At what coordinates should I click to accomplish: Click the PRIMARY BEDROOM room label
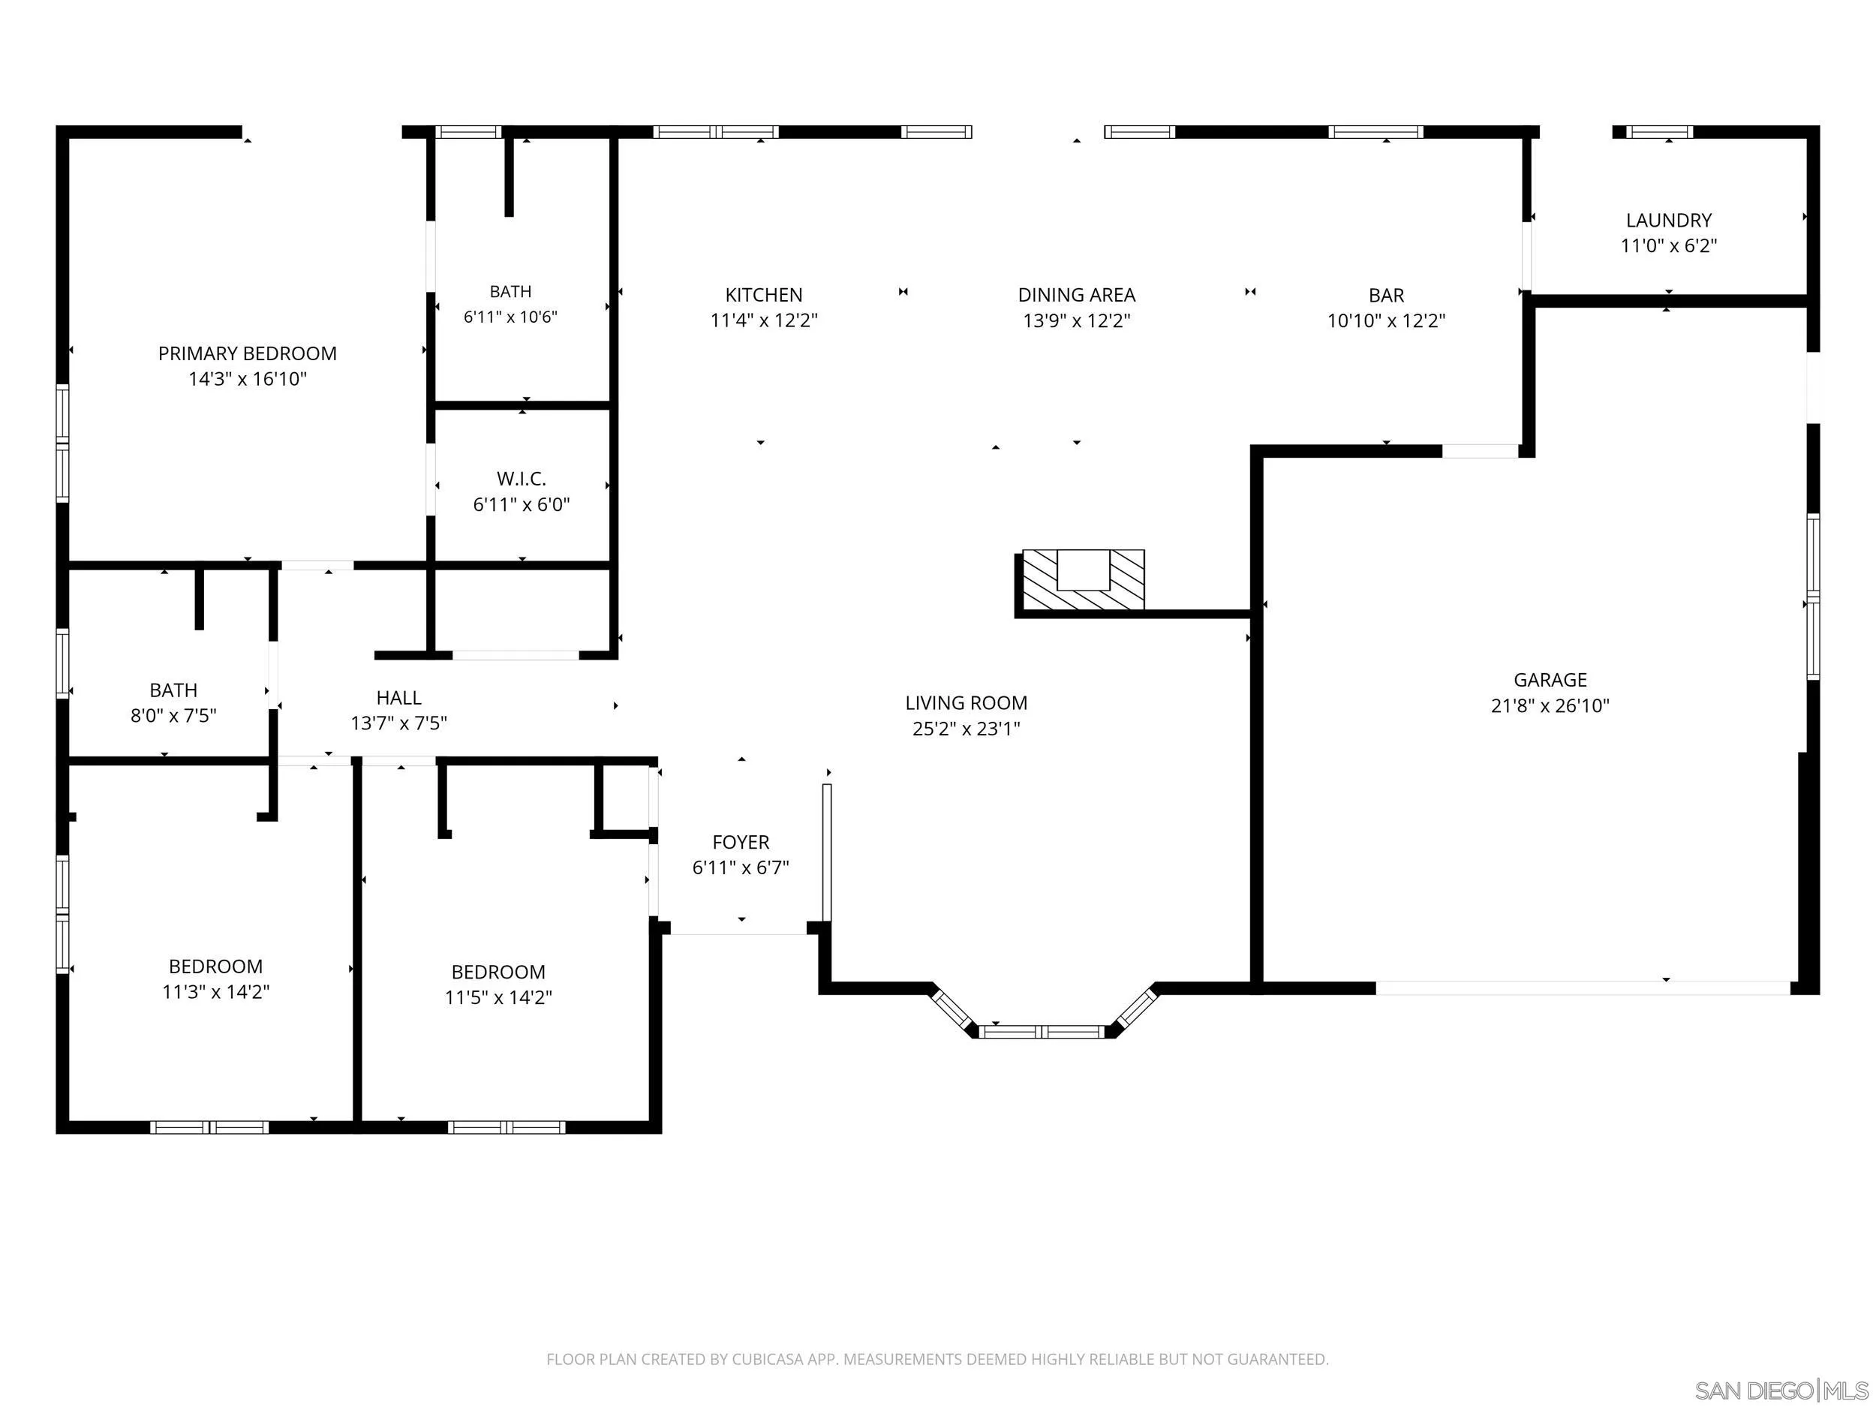(x=248, y=353)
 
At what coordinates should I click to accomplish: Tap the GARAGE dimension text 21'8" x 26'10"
(x=1550, y=705)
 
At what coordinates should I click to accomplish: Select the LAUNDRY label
(x=1669, y=221)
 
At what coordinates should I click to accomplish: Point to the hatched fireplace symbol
(x=1084, y=579)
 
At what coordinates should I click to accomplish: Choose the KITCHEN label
(x=764, y=295)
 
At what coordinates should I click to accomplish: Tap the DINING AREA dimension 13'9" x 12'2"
(x=1077, y=320)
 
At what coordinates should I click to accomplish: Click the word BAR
(x=1387, y=296)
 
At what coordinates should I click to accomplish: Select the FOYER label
(x=741, y=842)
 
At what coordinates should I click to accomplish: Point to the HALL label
(x=398, y=698)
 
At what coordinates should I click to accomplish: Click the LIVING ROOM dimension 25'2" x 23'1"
(x=967, y=729)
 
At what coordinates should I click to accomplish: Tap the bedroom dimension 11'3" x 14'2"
(x=216, y=992)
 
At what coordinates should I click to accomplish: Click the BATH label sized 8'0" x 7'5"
(x=174, y=690)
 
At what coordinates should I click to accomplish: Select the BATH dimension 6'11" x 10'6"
(x=510, y=317)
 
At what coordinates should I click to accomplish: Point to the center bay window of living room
(x=1042, y=1031)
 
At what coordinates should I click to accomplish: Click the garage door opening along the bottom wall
(x=1583, y=988)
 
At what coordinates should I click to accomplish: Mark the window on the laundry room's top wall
(x=1660, y=131)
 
